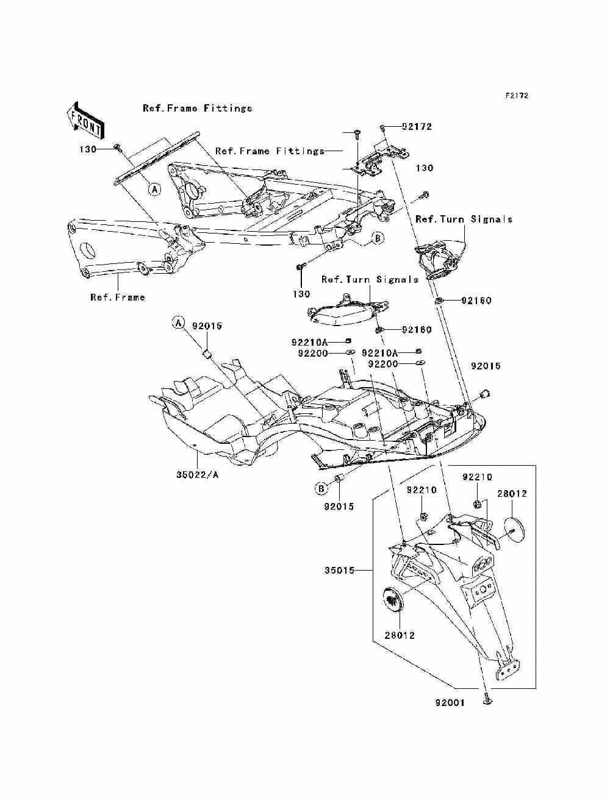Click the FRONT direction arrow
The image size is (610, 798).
(85, 120)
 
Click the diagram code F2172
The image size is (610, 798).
(517, 96)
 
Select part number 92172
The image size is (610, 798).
(417, 127)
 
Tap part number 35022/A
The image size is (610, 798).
(197, 475)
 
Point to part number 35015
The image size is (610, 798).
(339, 571)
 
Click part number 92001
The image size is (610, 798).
(450, 703)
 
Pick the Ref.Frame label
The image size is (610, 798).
(118, 297)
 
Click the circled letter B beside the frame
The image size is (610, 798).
(377, 238)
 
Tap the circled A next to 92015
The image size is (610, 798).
(178, 322)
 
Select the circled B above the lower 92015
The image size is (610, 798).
(321, 489)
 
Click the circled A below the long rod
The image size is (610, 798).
(154, 189)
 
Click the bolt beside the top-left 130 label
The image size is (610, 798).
(117, 147)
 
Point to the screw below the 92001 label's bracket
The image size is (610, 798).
(487, 701)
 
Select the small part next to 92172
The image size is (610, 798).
(382, 127)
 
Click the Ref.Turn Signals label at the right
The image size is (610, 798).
(464, 219)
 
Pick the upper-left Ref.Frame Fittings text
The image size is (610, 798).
(197, 108)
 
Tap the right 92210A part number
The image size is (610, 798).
(380, 353)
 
